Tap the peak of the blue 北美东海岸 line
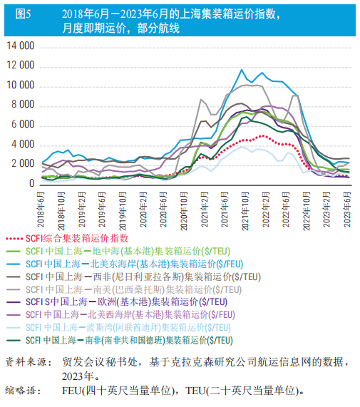pyautogui.click(x=242, y=70)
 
